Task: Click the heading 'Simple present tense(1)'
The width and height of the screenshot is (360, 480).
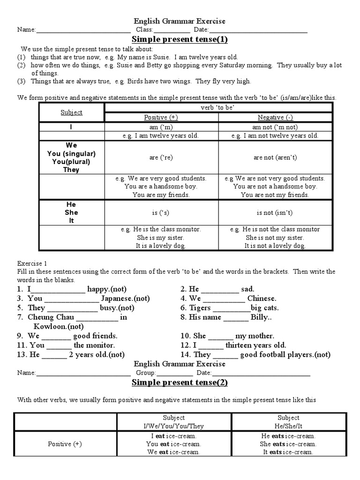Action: pyautogui.click(x=180, y=39)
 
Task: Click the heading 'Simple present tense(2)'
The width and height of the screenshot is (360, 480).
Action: pyautogui.click(x=180, y=382)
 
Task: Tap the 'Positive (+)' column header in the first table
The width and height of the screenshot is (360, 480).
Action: pyautogui.click(x=161, y=117)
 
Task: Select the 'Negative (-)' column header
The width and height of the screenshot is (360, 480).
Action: pyautogui.click(x=275, y=117)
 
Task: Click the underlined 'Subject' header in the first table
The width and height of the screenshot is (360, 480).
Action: pyautogui.click(x=71, y=112)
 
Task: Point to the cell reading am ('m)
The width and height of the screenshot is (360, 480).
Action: pyautogui.click(x=161, y=127)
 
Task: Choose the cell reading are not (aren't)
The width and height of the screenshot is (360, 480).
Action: pyautogui.click(x=275, y=157)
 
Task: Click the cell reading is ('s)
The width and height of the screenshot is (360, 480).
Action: pyautogui.click(x=161, y=212)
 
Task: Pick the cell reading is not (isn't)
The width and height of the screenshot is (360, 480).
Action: pyautogui.click(x=275, y=212)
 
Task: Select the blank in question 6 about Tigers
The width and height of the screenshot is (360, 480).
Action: pyautogui.click(x=231, y=308)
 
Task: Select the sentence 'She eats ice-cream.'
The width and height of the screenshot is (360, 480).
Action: pyautogui.click(x=288, y=444)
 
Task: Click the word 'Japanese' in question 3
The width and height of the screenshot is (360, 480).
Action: pyautogui.click(x=118, y=299)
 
